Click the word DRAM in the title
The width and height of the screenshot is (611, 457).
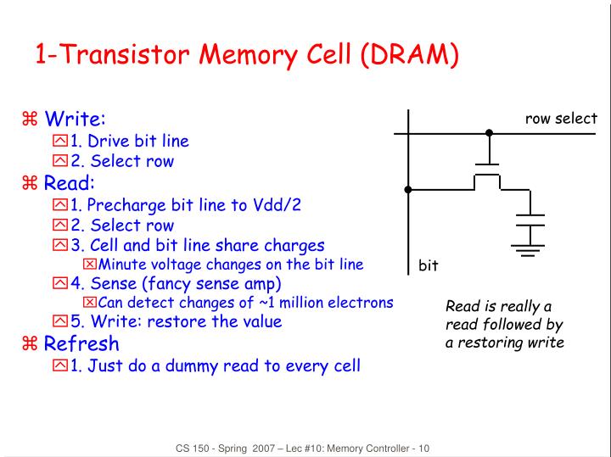[410, 55]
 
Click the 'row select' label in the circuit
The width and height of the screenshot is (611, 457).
[561, 119]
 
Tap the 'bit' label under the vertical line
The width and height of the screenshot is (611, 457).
[428, 265]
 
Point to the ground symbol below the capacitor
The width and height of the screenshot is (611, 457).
[530, 248]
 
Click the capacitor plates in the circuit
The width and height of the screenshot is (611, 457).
[530, 221]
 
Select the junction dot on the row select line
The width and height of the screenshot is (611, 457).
[488, 133]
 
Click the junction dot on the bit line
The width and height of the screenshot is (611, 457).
[408, 189]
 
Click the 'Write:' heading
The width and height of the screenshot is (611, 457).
[76, 118]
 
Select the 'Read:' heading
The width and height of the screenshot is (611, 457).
[70, 183]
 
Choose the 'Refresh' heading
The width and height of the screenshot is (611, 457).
[81, 343]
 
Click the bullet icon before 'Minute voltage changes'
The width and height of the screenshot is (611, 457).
[90, 265]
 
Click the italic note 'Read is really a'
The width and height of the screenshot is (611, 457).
[499, 306]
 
